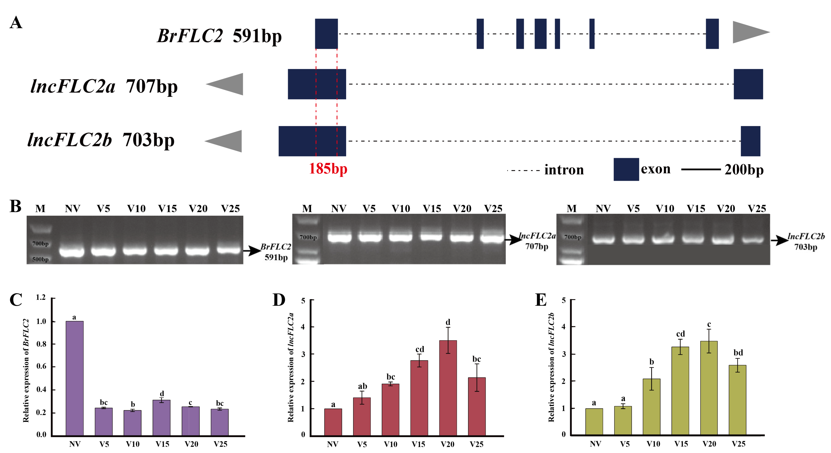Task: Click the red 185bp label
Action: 328,169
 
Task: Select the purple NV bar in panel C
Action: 75,378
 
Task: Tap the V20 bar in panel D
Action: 448,388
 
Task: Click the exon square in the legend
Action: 626,169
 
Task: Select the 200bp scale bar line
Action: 701,169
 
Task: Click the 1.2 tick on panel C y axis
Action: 41,297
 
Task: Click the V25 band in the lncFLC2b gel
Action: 753,239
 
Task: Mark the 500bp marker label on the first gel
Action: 40,259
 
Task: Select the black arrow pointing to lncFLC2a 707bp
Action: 514,239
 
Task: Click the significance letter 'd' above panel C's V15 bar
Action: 162,394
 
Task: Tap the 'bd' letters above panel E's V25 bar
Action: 738,352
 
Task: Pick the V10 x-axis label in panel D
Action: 390,444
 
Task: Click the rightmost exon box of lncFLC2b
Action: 750,141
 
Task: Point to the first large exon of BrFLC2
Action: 326,34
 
